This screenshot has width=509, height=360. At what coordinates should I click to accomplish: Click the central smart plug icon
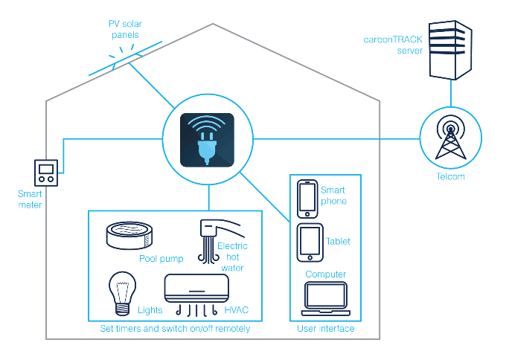tap(208, 140)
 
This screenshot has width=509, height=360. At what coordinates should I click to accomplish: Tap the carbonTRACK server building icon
tap(450, 50)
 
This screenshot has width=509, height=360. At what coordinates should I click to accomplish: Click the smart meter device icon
tap(46, 173)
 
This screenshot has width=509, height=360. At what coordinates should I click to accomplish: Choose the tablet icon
tap(310, 242)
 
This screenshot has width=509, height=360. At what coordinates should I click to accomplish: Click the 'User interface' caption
tap(326, 329)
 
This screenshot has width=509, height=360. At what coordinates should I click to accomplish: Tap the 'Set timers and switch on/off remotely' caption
tap(175, 329)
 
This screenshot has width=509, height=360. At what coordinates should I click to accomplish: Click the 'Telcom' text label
tap(450, 176)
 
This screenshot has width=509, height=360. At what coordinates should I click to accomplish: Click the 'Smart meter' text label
tap(30, 199)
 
